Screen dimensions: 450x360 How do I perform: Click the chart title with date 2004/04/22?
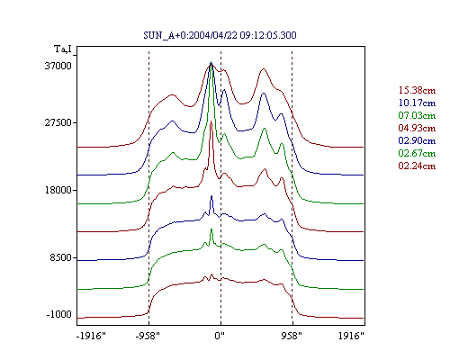coord(220,35)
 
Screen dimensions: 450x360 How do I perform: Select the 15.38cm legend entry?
coord(417,90)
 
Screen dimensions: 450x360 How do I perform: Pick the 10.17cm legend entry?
coord(417,103)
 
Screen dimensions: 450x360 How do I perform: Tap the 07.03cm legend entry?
coord(417,115)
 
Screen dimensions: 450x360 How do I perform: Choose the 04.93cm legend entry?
coord(417,128)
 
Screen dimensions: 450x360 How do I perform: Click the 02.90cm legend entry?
coord(417,140)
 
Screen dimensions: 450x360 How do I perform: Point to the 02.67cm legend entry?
coord(417,153)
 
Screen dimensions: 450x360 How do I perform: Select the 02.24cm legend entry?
coord(417,166)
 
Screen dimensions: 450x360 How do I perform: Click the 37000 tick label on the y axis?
coord(58,66)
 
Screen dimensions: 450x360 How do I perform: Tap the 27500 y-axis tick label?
coord(58,122)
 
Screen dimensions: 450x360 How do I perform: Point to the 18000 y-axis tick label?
coord(58,190)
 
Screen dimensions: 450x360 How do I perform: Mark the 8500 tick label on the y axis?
coord(61,257)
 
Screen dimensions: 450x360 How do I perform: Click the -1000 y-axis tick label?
coord(58,314)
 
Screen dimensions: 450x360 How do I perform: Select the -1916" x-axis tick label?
coord(91,336)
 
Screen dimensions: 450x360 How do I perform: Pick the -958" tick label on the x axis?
coord(148,336)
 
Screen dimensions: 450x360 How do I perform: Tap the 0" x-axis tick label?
coord(220,336)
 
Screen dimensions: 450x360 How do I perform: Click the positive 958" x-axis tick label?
coord(292,336)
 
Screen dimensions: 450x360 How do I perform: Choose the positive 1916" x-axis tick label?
coord(351,336)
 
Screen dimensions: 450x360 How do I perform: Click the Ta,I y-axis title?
coord(63,49)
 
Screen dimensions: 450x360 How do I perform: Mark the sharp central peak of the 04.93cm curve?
coord(211,121)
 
